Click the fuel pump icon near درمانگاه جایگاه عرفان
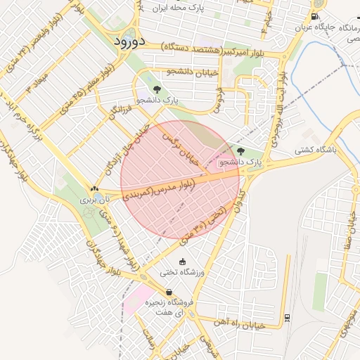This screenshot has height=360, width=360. coord(314,17)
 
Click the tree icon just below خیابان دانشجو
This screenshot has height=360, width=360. coord(156,89)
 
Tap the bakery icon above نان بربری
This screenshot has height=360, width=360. coord(94,188)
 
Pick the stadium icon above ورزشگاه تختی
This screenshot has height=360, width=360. coord(183,262)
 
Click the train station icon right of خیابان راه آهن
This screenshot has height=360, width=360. coord(288,317)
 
